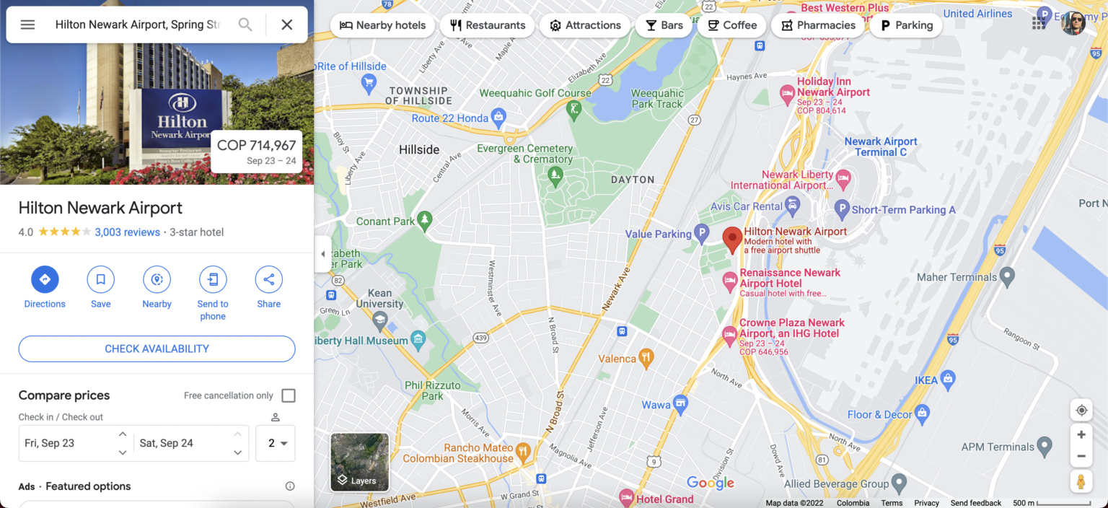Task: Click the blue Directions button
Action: [45, 279]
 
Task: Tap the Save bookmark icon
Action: [101, 279]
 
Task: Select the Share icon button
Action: [268, 279]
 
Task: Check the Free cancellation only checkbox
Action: [289, 395]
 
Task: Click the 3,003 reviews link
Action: [127, 232]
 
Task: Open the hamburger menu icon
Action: [27, 25]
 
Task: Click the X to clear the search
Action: [286, 25]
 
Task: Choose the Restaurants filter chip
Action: [487, 25]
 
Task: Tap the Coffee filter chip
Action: [731, 25]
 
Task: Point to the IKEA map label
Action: [926, 380]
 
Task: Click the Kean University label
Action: [379, 299]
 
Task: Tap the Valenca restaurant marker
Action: [646, 357]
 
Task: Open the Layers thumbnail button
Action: [359, 462]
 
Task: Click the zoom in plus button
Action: [1081, 435]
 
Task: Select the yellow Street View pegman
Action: [1081, 481]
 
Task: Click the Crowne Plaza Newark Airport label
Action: [791, 328]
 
